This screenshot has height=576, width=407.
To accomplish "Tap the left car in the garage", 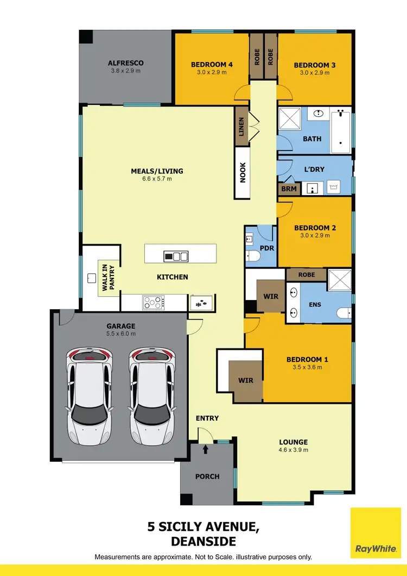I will click(89, 395).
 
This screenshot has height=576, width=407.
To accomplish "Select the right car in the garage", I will click(151, 395).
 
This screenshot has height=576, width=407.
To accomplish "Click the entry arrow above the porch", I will click(205, 449).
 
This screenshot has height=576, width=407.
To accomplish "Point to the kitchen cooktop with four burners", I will click(154, 302).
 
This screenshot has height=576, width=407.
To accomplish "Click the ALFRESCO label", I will click(125, 63).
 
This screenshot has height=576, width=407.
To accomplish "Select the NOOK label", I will click(243, 172).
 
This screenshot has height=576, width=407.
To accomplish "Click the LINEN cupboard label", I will click(241, 127).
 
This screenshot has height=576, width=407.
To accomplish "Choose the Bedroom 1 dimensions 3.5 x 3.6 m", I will click(307, 367).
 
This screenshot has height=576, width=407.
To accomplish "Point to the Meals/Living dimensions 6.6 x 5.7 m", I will click(157, 179).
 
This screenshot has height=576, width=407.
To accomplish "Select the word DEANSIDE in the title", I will click(203, 541).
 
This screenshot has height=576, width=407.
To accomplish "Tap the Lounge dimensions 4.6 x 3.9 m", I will click(293, 450).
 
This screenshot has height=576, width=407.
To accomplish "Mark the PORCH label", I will click(207, 477).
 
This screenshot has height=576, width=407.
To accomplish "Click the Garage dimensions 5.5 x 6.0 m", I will click(120, 334).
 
